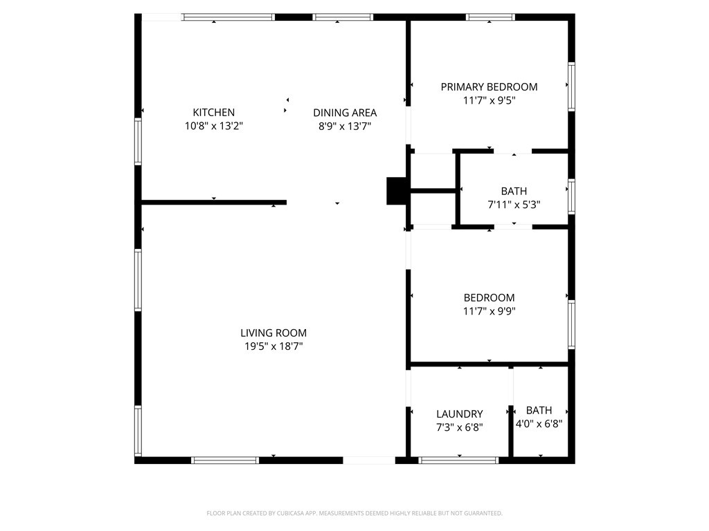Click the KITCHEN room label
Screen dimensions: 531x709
(213, 113)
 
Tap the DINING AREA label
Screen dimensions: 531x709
(345, 113)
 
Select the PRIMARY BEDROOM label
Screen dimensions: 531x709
(489, 87)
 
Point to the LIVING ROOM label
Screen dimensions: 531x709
(273, 333)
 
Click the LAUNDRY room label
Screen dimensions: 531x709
(459, 414)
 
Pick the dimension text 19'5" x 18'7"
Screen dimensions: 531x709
(273, 346)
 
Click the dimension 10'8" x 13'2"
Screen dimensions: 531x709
(213, 126)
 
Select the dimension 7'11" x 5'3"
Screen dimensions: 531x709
(514, 205)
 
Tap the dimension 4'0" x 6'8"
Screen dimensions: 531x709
(539, 423)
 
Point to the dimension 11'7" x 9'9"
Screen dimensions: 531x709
(489, 311)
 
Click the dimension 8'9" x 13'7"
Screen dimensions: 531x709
(345, 126)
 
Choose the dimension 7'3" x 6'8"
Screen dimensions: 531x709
(459, 427)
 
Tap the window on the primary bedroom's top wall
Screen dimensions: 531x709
(490, 17)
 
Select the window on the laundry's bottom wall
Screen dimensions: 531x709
(459, 460)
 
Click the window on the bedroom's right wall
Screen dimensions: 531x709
(571, 324)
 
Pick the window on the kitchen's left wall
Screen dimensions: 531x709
(138, 142)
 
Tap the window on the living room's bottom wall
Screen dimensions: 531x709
(225, 460)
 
